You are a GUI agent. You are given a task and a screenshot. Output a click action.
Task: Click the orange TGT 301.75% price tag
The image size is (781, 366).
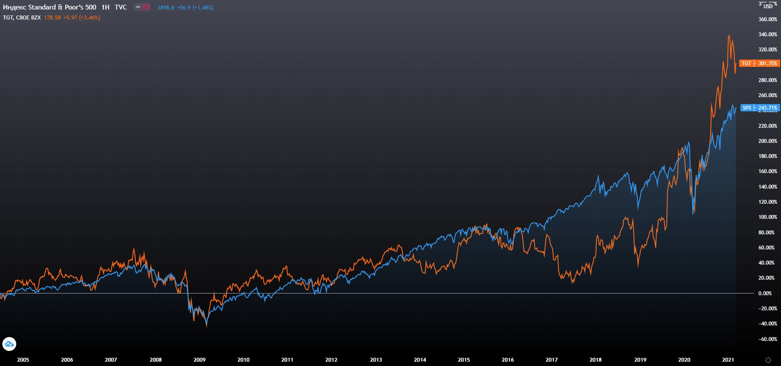[x=759, y=63]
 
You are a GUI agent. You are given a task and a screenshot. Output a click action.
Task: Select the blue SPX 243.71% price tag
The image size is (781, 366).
[x=759, y=108]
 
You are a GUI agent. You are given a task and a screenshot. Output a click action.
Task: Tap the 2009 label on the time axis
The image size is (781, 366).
[x=199, y=360]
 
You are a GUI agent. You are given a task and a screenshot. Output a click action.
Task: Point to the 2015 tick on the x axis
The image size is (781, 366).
[x=464, y=360]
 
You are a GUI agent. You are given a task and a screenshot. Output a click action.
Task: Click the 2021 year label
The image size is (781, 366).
[x=728, y=360]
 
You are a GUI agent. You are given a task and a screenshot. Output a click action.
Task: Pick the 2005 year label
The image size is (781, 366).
[x=23, y=360]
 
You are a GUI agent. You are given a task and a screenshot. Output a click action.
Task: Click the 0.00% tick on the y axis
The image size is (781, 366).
[x=765, y=293]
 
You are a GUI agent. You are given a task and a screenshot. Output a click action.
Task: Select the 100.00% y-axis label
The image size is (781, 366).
[x=768, y=217]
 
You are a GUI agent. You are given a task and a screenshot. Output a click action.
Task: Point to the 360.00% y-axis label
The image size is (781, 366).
[x=768, y=19]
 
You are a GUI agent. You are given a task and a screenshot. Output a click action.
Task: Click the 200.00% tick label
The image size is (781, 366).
[x=768, y=141]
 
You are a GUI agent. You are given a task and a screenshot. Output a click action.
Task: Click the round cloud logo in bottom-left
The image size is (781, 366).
[x=9, y=344]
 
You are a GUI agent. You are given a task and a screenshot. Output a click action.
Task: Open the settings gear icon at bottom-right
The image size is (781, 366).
[x=768, y=360]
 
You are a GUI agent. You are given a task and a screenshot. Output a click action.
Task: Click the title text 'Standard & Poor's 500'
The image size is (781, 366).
[x=62, y=7]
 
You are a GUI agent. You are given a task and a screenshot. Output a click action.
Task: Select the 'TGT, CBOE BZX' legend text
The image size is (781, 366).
[x=22, y=18]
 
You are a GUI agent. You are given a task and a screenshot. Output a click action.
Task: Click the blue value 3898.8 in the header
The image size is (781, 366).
[x=166, y=8]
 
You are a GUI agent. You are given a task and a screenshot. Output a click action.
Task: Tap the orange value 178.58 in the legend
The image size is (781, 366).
[x=52, y=18]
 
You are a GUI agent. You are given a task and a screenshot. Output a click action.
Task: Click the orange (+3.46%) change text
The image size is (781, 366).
[x=89, y=18]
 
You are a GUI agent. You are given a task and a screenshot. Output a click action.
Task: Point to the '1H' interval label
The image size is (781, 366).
[x=105, y=7]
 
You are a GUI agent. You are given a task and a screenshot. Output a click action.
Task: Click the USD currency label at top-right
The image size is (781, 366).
[x=768, y=6]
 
